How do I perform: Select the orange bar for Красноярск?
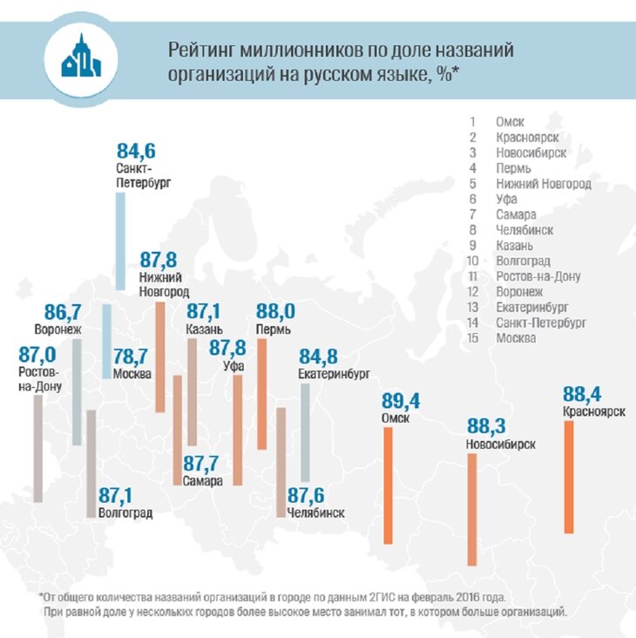[570, 476]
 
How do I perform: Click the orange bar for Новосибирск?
[471, 509]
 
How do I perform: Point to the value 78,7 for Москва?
[132, 357]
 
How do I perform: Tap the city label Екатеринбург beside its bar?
[335, 373]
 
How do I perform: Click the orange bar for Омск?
[388, 484]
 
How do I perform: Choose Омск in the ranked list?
[510, 122]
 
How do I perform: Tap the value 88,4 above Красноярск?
[583, 392]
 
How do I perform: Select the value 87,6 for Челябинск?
[307, 494]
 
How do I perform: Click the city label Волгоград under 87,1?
[126, 513]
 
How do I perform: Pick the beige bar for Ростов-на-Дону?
[37, 450]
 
